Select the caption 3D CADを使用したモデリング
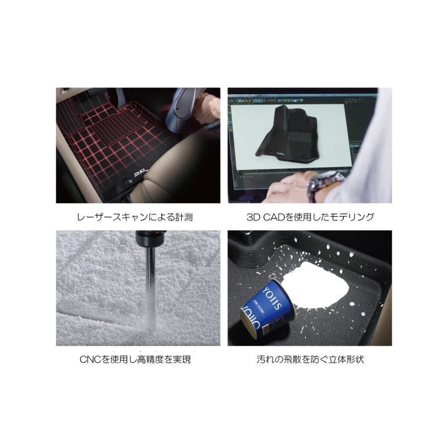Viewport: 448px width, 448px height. click(x=310, y=217)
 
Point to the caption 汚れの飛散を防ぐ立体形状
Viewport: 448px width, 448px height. click(x=310, y=359)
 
